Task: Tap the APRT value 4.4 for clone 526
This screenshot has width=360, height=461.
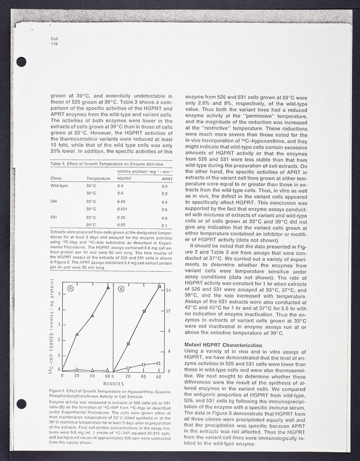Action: [164, 202]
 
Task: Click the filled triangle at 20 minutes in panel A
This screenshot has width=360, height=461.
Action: [78, 334]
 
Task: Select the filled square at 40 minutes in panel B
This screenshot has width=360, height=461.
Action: [143, 311]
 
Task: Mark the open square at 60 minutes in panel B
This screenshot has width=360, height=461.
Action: [158, 363]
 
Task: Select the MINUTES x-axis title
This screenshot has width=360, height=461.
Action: [114, 384]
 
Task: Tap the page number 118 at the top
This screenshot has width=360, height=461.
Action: [55, 43]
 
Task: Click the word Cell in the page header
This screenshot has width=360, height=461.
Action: [55, 37]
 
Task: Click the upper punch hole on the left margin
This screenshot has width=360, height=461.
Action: [22, 59]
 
